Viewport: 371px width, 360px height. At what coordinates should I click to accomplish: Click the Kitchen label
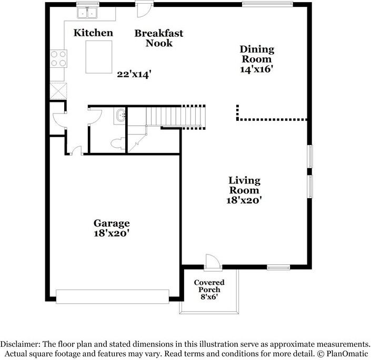click(x=93, y=33)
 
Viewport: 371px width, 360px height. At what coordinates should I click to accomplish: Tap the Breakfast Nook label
click(x=159, y=38)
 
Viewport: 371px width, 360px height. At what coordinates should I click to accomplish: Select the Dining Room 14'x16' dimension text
click(x=257, y=68)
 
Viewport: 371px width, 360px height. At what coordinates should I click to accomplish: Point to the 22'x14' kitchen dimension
click(x=134, y=75)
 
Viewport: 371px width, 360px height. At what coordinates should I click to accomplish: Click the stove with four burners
click(x=58, y=58)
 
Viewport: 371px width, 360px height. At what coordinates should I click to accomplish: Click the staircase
click(x=174, y=116)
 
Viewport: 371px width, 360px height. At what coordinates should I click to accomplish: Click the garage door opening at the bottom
click(x=113, y=296)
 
